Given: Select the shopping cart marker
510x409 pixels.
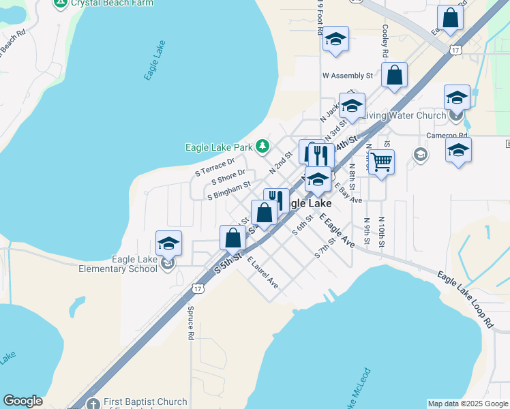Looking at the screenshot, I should (382, 162).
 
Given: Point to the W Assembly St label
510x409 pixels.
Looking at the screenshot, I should (348, 76).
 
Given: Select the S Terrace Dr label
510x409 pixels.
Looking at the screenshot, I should (215, 167).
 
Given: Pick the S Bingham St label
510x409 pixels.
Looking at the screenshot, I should (229, 195).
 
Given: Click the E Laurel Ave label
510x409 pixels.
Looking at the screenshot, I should (263, 272).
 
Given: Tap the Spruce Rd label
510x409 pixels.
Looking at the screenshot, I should (191, 322).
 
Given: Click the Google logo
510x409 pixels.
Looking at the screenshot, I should (22, 401).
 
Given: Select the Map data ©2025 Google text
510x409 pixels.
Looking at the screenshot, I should (467, 404).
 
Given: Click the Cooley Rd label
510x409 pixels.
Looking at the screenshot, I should (385, 41).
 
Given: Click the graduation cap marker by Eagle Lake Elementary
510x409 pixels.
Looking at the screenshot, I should (168, 243).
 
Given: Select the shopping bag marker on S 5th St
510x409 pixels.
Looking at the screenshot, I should (232, 239).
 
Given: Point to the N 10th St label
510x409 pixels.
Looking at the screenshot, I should (382, 232).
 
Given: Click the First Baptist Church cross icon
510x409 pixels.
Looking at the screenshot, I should (93, 403).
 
